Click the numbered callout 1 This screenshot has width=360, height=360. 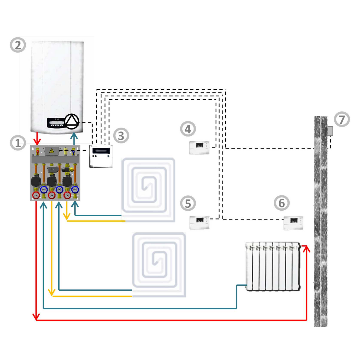click(17, 143)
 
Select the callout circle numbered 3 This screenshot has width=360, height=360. click(121, 135)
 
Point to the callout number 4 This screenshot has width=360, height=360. click(188, 129)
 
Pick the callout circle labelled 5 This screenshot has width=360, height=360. click(188, 203)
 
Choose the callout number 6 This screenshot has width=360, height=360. click(282, 203)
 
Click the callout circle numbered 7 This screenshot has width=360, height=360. click(342, 119)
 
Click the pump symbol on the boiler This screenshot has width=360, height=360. click(72, 122)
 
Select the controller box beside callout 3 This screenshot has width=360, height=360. click(101, 156)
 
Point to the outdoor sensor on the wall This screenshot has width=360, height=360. click(330, 131)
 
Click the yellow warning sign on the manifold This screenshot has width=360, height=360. click(52, 151)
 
